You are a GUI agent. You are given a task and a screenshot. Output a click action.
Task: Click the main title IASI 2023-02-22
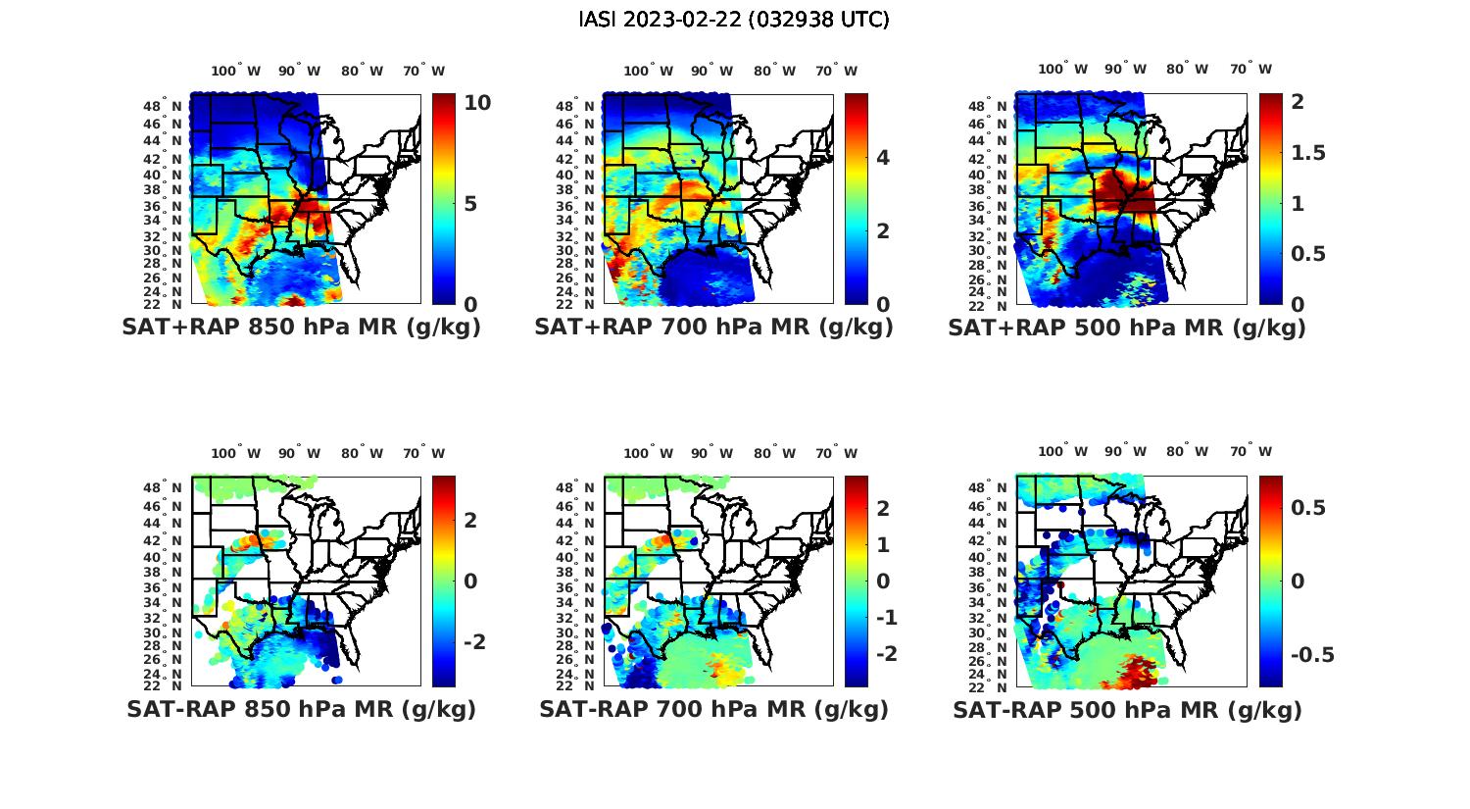[734, 20]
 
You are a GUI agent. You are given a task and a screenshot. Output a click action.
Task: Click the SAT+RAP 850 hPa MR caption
[301, 328]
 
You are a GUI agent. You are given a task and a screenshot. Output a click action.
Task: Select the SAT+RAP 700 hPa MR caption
[713, 328]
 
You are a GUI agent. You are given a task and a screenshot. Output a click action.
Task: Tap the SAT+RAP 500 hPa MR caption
[1127, 328]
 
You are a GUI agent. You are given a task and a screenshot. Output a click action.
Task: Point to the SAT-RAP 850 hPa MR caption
[301, 709]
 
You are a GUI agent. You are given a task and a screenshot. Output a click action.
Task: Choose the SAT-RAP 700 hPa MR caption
[713, 709]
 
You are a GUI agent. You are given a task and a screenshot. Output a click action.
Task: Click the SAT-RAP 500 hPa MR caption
[1127, 709]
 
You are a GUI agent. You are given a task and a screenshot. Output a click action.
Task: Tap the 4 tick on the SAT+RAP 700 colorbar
[883, 157]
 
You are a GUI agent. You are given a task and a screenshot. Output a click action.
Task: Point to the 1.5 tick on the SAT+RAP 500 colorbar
[1308, 153]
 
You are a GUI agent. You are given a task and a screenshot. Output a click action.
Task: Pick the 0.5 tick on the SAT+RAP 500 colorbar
[1308, 254]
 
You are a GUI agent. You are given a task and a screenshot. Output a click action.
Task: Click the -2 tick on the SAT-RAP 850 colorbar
[470, 641]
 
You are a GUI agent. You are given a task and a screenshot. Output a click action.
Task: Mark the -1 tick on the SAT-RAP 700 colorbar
[886, 618]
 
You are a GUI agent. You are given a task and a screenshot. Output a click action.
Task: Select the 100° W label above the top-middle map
[648, 71]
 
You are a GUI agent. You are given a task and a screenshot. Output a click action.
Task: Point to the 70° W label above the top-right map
[1250, 69]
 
